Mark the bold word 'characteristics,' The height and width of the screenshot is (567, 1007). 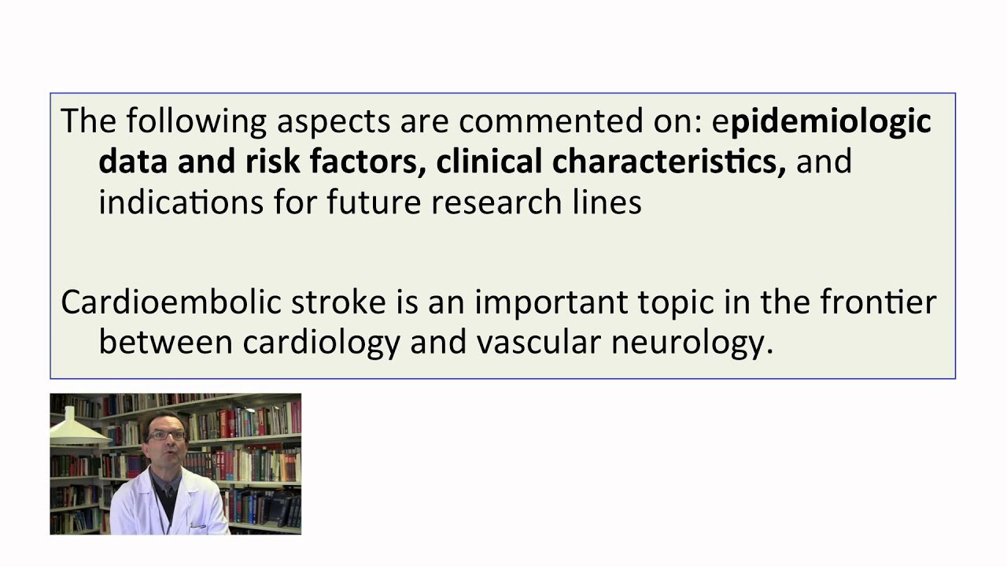click(669, 161)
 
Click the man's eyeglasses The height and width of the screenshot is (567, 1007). click(167, 435)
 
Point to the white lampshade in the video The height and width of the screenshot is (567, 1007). click(77, 429)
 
